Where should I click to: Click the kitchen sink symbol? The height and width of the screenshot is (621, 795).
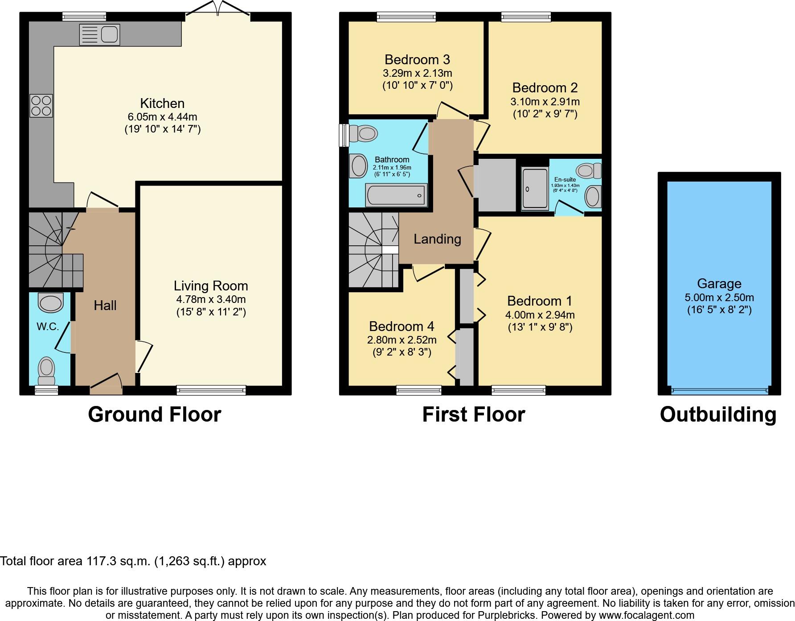100,34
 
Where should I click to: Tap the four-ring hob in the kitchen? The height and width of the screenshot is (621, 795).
41,106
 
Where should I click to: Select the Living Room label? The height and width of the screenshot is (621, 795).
211,286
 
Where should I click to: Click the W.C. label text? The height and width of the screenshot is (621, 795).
48,327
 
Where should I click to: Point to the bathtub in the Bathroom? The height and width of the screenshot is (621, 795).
396,195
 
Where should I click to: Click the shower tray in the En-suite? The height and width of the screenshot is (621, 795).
535,188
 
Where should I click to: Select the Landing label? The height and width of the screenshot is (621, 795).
437,239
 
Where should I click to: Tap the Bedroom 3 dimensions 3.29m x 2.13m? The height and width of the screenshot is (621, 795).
417,73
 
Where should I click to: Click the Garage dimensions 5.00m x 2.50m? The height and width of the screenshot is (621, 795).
719,298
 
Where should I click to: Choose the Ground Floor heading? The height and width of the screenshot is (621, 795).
154,414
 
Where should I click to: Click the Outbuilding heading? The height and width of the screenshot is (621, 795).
718,414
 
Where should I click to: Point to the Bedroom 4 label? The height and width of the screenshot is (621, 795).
402,326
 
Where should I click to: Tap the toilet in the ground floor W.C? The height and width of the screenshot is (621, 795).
46,370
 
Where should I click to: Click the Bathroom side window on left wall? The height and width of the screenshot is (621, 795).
344,135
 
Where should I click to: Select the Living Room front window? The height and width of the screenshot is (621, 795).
211,390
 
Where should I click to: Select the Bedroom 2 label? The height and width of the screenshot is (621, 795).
545,87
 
